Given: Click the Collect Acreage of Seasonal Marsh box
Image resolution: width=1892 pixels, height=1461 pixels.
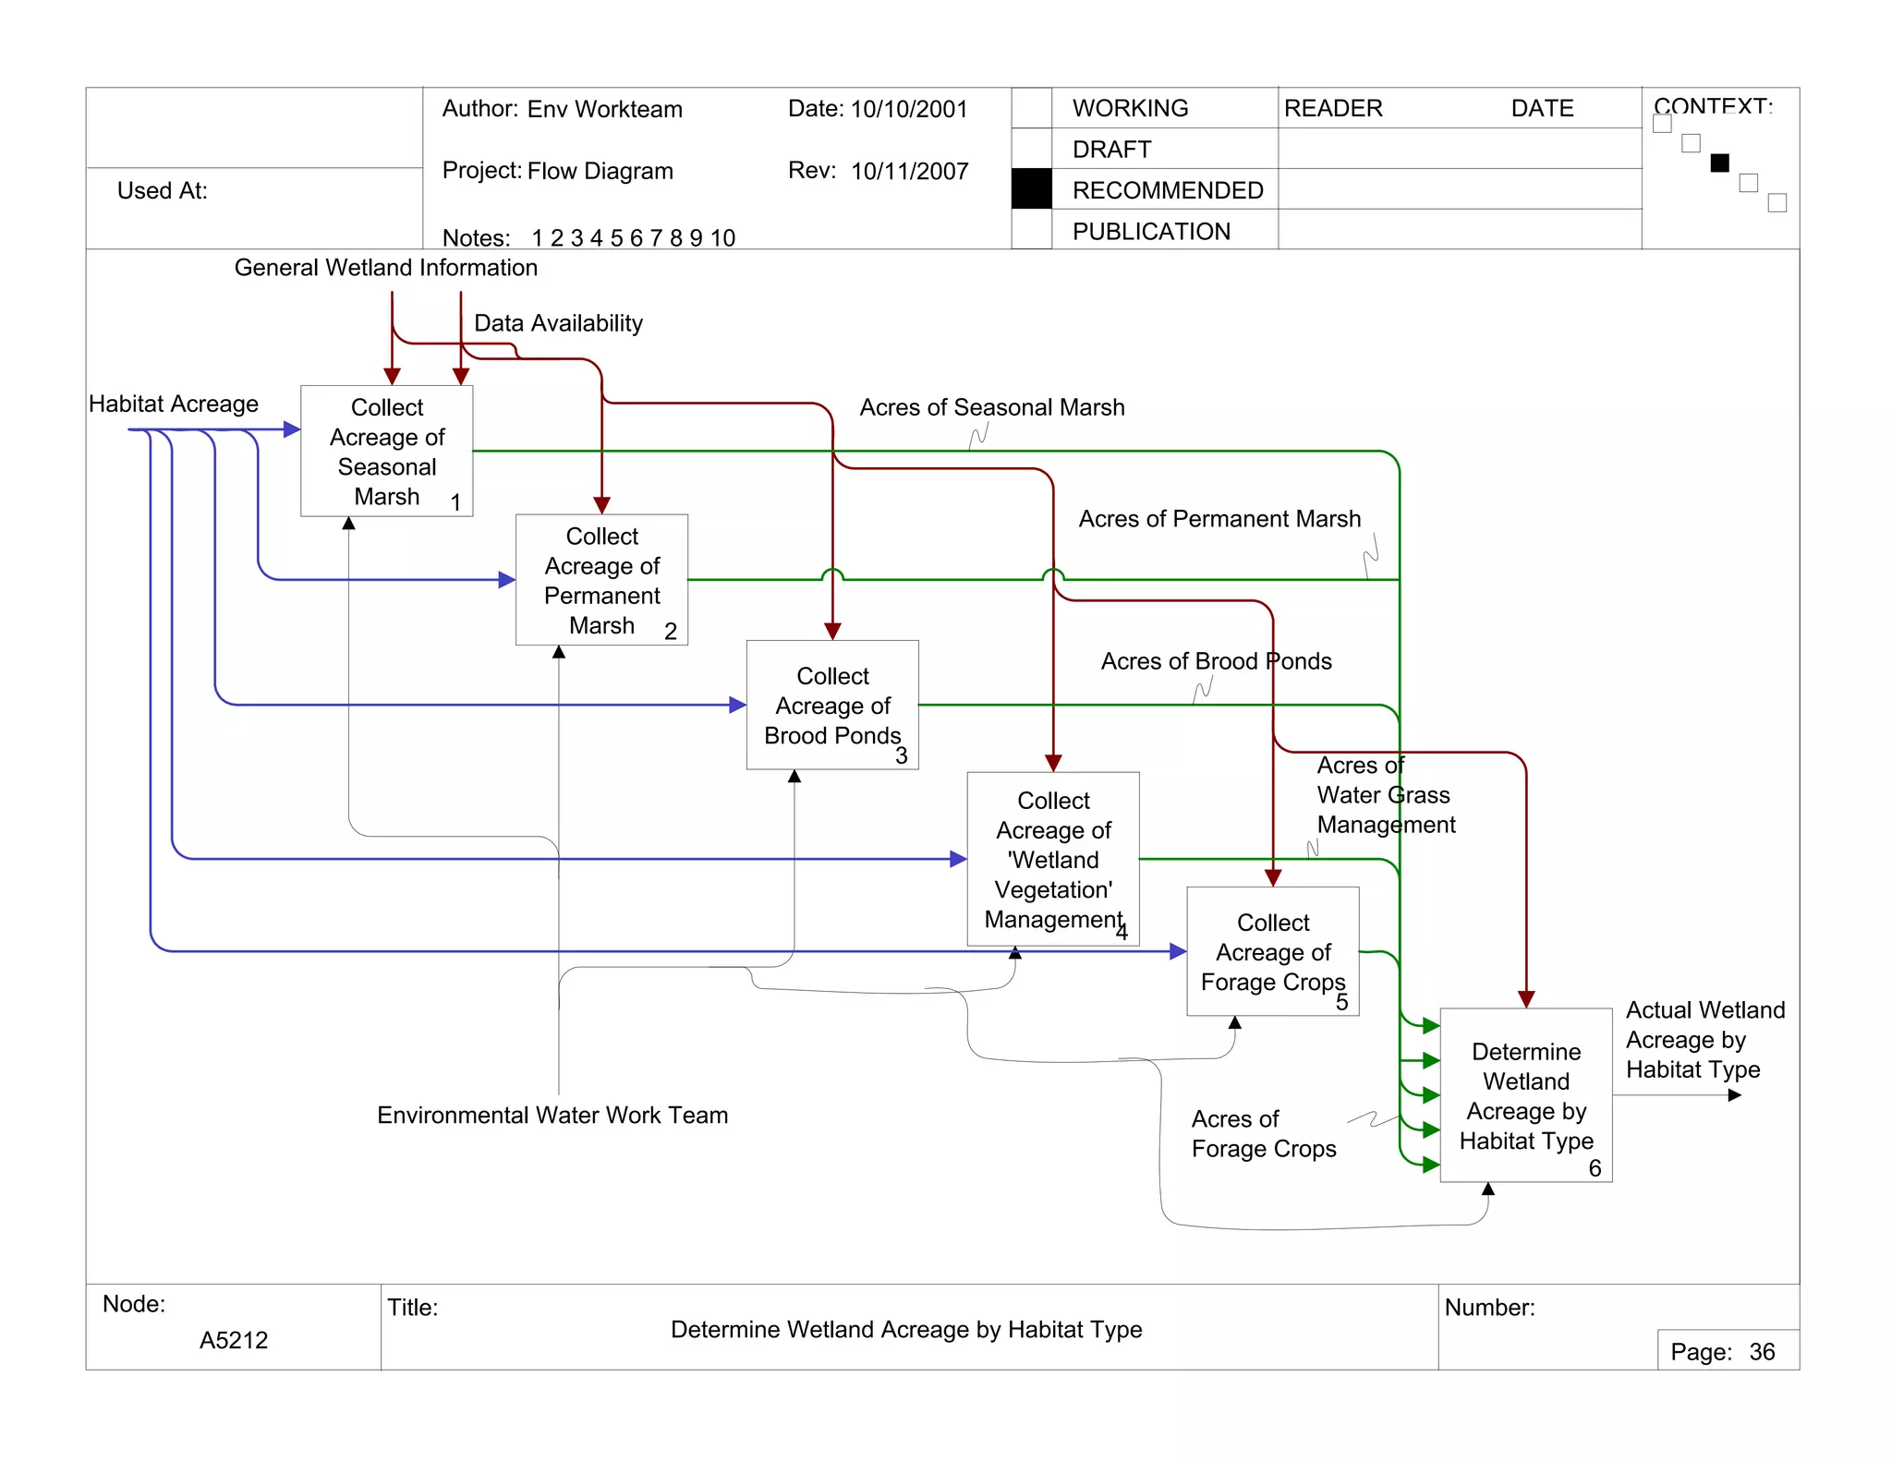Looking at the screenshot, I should [386, 451].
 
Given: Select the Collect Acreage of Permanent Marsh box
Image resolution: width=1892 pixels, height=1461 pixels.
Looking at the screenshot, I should [601, 580].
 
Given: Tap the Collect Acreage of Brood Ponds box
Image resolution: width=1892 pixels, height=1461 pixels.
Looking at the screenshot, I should [832, 706].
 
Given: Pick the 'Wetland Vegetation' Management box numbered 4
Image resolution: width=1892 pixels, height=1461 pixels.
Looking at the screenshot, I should [1053, 859].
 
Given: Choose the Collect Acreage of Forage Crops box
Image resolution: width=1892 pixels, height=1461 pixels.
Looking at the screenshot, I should [1272, 951].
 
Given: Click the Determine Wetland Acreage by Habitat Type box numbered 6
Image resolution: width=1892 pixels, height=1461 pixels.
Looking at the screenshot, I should [1526, 1095].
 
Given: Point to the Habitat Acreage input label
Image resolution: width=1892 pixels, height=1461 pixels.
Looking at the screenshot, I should [174, 404].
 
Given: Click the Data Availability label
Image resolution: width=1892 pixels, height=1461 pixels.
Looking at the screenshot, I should [558, 323].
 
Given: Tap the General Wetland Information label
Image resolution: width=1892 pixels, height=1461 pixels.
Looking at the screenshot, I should [385, 268].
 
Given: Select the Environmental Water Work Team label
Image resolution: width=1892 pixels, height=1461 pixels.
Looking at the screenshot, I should [552, 1116].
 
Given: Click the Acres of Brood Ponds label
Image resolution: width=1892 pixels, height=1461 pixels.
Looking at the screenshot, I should [1216, 661].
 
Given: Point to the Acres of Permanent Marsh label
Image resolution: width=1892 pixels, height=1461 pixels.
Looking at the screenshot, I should [1219, 519].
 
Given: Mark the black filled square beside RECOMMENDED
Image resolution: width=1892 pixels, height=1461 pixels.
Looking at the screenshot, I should [1031, 189].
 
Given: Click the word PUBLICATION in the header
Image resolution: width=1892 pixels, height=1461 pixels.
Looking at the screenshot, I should [1151, 232].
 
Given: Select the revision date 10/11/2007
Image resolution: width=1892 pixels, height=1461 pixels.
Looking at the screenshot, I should [909, 172].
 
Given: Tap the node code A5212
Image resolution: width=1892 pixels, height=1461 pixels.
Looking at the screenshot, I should [234, 1340].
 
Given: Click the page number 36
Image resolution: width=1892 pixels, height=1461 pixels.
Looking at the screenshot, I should [1762, 1352].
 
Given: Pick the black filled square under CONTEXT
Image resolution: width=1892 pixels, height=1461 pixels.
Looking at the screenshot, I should [1719, 163].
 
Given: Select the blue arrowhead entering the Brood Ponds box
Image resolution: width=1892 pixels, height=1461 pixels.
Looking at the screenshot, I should [737, 706].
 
